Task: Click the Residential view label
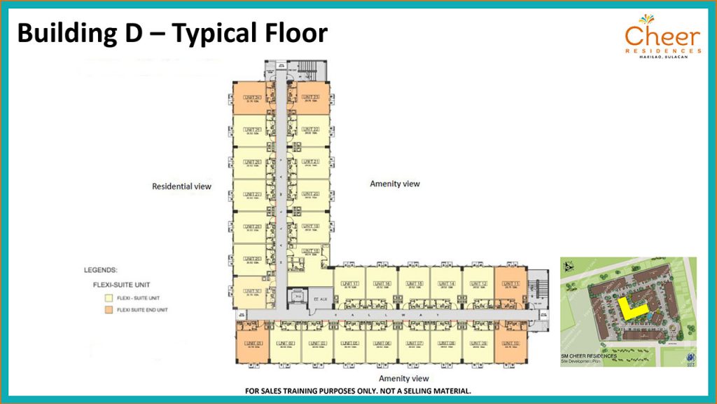pos(181,187)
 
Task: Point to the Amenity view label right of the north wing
pos(394,184)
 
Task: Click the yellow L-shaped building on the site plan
pos(627,309)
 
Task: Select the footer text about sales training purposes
pos(357,391)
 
